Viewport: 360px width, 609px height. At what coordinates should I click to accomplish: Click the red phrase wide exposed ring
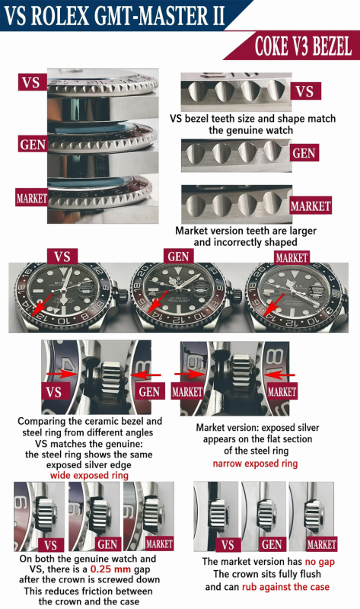point(90,475)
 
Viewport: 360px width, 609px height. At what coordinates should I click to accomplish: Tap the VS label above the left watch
point(63,257)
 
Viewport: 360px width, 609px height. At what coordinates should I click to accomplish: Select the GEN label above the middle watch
point(177,257)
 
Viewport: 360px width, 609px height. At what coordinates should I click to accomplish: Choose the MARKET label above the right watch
point(292,257)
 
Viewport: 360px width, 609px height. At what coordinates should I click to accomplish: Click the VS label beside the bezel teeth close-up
point(304,92)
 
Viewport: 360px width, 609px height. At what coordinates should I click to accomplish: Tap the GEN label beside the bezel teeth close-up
point(304,152)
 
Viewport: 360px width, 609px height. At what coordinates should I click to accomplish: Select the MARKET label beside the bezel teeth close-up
point(310,206)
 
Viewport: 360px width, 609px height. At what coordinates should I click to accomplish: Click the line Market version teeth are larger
point(245,230)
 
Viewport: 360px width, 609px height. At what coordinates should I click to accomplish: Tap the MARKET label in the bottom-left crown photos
point(159,544)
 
